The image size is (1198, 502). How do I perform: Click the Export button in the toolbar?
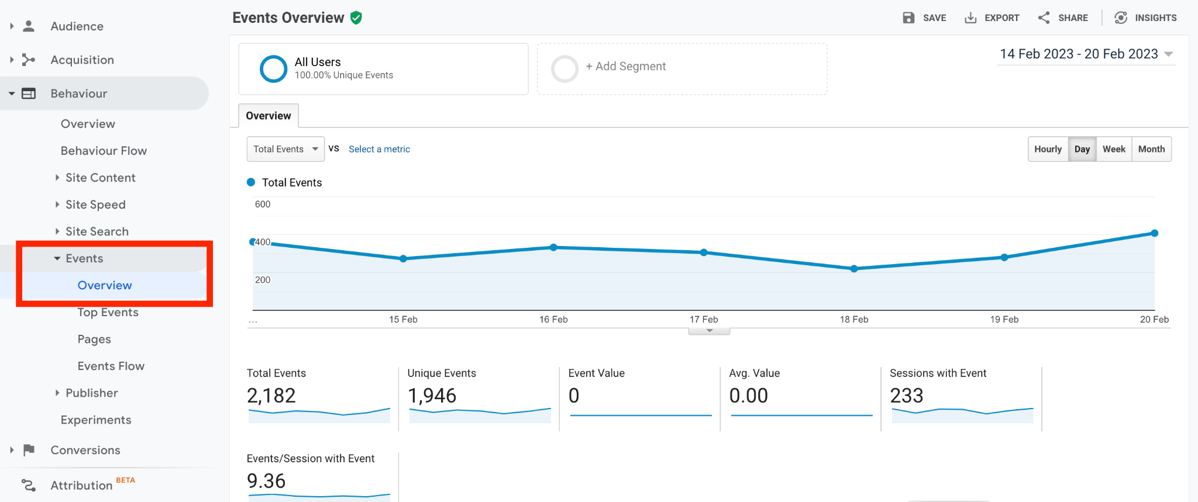pos(992,18)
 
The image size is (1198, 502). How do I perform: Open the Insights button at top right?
pos(1145,18)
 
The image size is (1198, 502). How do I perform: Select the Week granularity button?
pos(1114,149)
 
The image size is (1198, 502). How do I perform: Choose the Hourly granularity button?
pos(1048,149)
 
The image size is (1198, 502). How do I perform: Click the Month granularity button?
pos(1151,149)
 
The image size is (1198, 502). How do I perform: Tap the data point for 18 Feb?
pos(854,269)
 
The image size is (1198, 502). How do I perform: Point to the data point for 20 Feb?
pos(1155,233)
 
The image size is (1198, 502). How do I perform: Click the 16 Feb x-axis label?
pos(553,319)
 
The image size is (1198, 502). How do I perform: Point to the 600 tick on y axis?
pos(263,204)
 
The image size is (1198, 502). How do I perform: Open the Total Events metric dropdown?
pos(285,149)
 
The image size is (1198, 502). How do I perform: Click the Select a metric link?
pos(379,149)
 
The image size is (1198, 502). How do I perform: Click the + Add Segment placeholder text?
pos(626,67)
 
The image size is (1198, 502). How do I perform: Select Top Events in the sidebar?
pos(108,312)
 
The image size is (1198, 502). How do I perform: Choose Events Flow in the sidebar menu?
pos(111,366)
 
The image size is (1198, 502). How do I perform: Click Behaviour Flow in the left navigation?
pos(104,151)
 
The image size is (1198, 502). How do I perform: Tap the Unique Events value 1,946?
pos(432,396)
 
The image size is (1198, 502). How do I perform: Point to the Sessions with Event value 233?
pos(907,396)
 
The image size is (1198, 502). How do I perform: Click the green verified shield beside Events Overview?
pos(356,18)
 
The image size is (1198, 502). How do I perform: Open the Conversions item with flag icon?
pos(85,450)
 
